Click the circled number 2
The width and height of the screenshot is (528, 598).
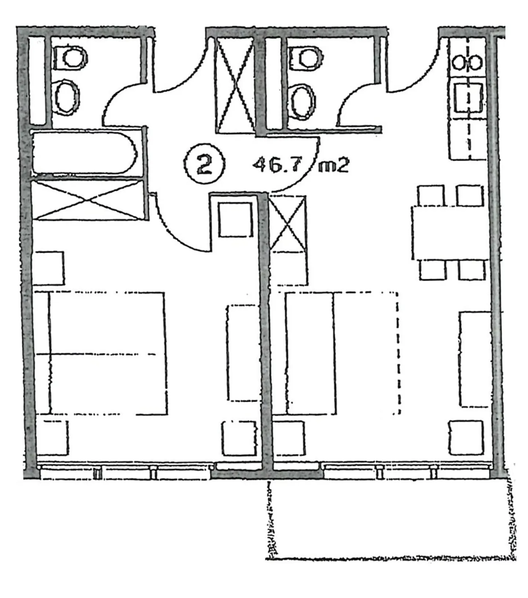pyautogui.click(x=204, y=164)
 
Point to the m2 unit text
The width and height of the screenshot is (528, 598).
pyautogui.click(x=333, y=166)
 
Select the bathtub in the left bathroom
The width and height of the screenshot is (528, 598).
pyautogui.click(x=84, y=153)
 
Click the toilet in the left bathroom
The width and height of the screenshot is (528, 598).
pyautogui.click(x=70, y=57)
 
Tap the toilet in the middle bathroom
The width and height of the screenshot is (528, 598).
pyautogui.click(x=306, y=57)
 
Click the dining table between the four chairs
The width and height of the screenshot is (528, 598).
pyautogui.click(x=450, y=233)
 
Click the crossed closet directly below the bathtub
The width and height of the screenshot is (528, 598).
pyautogui.click(x=88, y=200)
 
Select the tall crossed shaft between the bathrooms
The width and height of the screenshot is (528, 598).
pyautogui.click(x=235, y=85)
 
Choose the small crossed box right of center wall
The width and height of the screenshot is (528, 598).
pyautogui.click(x=288, y=224)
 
